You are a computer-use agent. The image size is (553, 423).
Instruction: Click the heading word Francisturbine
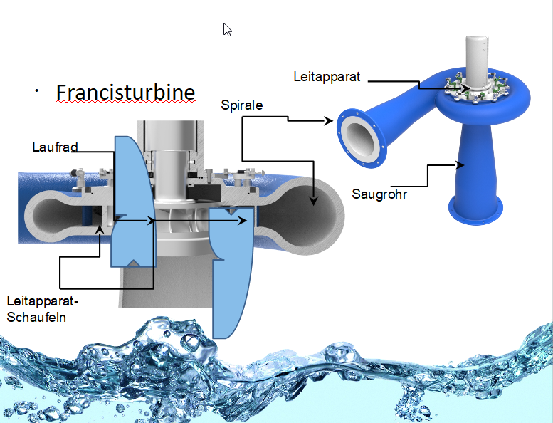[125, 93]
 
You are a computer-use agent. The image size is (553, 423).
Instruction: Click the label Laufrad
[55, 147]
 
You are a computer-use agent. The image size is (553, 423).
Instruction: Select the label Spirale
[242, 105]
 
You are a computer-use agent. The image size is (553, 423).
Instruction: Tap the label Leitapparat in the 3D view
[327, 75]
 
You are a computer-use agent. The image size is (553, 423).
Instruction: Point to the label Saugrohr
[379, 193]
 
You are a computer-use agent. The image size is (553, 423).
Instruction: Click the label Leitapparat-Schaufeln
[41, 309]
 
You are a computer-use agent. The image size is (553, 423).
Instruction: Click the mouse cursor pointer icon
[227, 29]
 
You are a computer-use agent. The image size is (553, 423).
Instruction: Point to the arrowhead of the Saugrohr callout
[461, 165]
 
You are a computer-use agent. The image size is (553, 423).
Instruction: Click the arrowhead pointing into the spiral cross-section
[312, 202]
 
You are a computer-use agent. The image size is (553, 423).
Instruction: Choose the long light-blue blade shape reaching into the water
[232, 271]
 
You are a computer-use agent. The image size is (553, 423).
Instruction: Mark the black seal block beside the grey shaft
[206, 192]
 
